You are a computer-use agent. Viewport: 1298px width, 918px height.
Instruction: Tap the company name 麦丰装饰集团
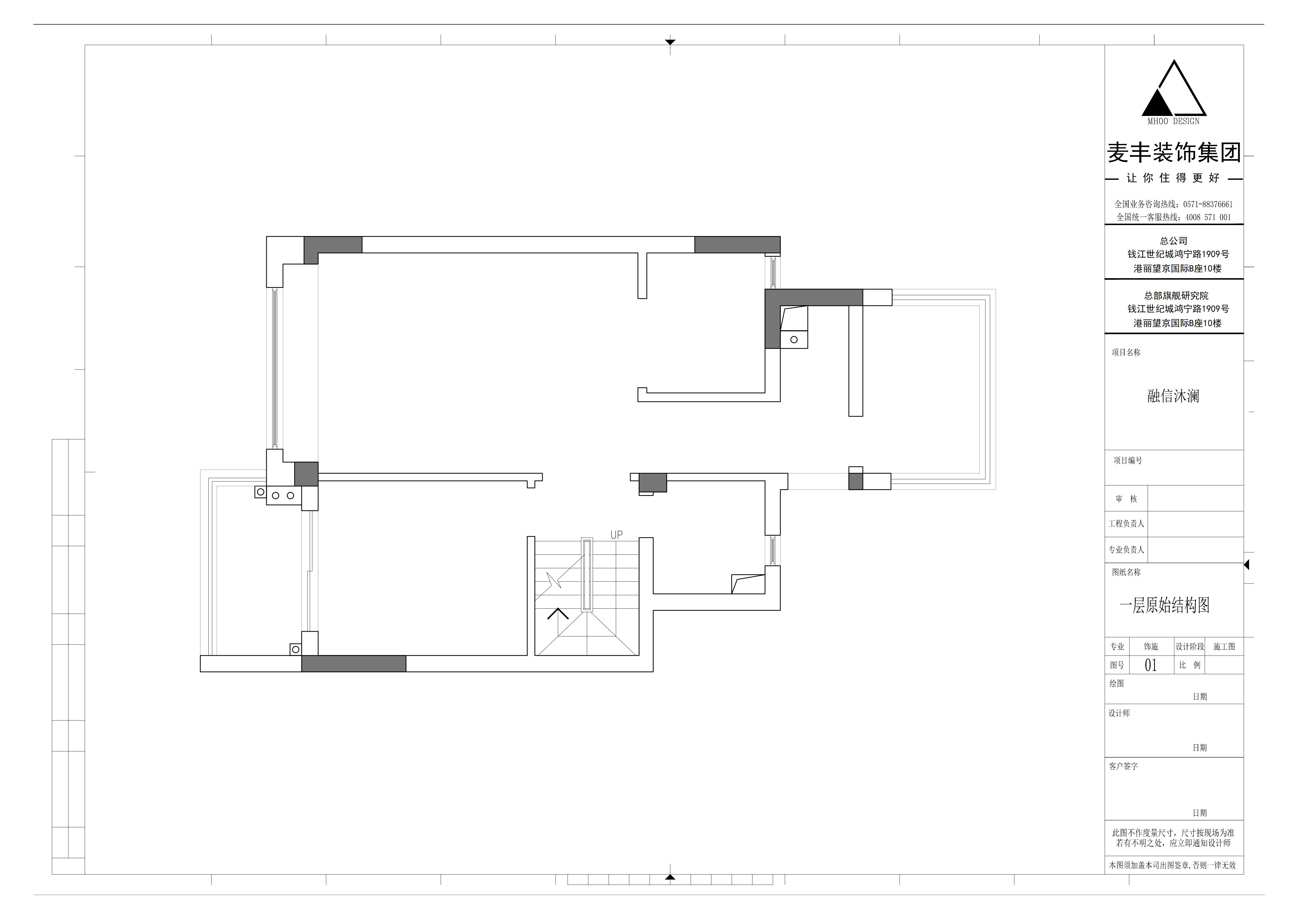[1174, 152]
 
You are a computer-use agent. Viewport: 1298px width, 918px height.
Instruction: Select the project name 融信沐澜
[1173, 395]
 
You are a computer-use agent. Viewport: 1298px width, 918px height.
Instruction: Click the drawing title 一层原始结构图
[1165, 605]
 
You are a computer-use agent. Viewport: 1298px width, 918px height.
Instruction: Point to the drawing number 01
[1150, 665]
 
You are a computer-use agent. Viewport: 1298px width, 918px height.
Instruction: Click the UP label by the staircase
[616, 535]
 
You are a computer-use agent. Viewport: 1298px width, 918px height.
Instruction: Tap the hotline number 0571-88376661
[1206, 204]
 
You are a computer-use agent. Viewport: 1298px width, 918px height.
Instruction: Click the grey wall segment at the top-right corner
[737, 244]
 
